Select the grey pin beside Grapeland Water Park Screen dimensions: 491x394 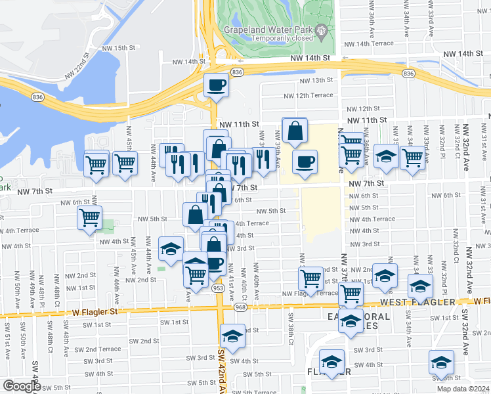[322, 30]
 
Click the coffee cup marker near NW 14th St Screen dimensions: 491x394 [216, 85]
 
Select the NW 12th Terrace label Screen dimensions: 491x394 [309, 95]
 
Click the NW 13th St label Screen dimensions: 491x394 [316, 80]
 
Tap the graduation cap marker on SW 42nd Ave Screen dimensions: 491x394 [231, 336]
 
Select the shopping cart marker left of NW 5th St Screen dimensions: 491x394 [89, 218]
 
